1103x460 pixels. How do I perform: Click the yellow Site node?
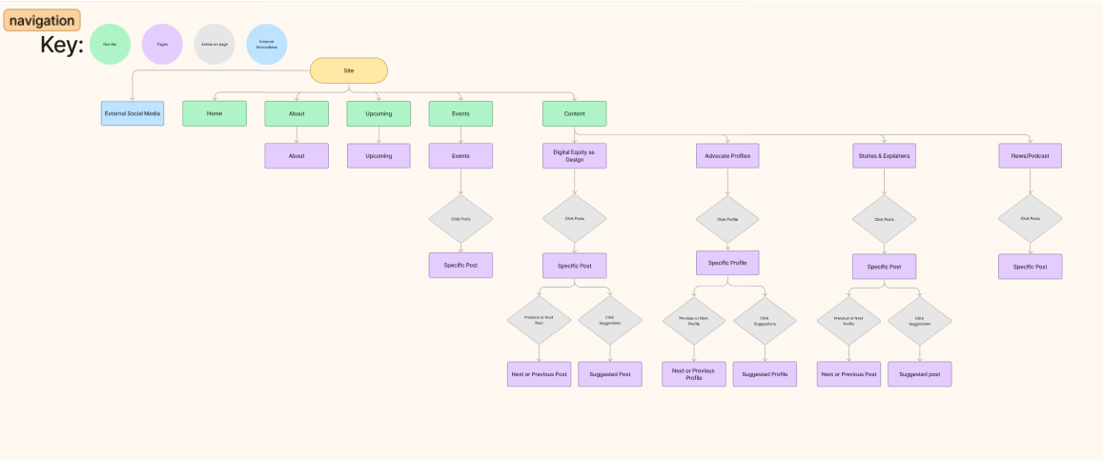[x=349, y=70]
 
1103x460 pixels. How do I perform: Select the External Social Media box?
[x=133, y=113]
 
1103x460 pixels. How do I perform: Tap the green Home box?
[x=214, y=113]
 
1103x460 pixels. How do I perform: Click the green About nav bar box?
[x=296, y=113]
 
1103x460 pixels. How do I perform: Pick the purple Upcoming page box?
[x=378, y=155]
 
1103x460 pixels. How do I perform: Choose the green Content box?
[x=574, y=113]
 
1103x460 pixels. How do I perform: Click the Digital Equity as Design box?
[x=574, y=155]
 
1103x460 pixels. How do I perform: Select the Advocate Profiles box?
[x=727, y=155]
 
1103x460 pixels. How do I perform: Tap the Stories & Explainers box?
[x=883, y=155]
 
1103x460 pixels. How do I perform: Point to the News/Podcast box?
[x=1030, y=155]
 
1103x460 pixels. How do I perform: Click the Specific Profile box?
[x=727, y=262]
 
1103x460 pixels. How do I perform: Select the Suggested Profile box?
[x=765, y=374]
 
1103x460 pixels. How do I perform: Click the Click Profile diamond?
[x=727, y=219]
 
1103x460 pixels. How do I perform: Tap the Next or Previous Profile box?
[x=694, y=374]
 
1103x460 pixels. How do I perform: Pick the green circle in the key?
[x=110, y=44]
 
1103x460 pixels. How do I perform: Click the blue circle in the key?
[x=267, y=44]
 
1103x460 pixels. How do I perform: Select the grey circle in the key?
[x=214, y=44]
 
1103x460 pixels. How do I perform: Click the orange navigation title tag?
[x=42, y=20]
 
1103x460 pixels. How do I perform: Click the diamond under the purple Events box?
[x=460, y=219]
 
